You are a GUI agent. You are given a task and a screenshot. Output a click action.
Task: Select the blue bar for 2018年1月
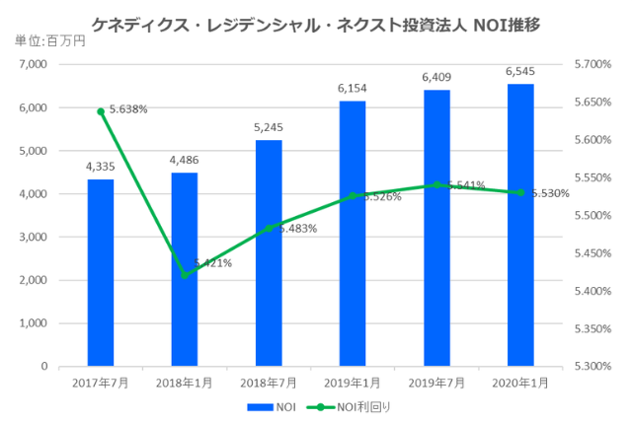185,269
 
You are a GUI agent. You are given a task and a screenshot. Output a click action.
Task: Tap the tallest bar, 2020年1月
520,225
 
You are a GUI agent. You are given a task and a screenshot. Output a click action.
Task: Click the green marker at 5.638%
101,111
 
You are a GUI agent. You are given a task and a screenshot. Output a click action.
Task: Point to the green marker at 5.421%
185,274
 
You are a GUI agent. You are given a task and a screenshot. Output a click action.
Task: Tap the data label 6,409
436,76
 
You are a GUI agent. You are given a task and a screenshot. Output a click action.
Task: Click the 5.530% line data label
549,193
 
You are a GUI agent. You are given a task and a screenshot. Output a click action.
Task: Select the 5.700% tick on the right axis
592,64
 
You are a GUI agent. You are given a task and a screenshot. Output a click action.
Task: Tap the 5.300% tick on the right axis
592,366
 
